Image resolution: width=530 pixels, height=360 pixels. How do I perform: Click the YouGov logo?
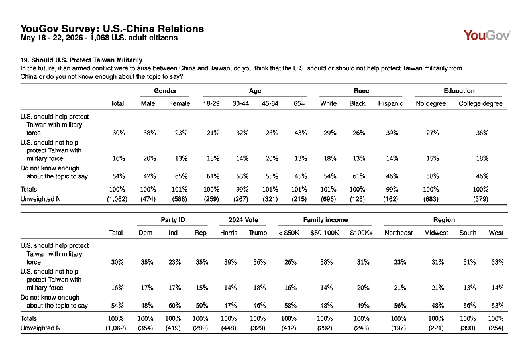487,35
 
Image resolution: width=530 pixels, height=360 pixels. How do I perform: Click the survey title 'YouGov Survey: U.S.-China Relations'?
112,29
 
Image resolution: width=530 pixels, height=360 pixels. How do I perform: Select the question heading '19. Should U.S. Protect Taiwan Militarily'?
81,60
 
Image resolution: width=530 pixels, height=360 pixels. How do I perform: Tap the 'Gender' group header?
165,91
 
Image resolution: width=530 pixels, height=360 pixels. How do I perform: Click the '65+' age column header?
299,103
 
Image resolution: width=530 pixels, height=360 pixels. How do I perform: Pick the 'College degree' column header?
480,103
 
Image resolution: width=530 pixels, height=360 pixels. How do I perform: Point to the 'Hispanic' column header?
390,103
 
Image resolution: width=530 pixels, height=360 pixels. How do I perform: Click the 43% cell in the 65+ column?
301,133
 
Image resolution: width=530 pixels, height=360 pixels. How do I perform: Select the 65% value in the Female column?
181,176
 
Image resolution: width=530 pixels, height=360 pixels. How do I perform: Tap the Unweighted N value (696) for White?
328,199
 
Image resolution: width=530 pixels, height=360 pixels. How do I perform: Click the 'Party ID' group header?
173,220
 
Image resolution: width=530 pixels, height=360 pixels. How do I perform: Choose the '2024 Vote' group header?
243,220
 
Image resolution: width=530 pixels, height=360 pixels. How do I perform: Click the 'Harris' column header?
229,233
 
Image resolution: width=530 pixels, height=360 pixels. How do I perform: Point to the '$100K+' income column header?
361,233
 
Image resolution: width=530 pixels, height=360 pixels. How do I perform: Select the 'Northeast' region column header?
399,233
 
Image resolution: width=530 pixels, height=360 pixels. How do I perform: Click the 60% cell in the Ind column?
174,306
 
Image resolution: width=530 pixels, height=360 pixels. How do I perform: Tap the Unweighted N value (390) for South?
468,328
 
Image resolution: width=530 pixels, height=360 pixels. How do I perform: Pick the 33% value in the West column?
498,262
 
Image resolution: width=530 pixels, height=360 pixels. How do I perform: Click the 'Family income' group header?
325,220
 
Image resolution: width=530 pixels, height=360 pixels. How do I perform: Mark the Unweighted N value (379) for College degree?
480,199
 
